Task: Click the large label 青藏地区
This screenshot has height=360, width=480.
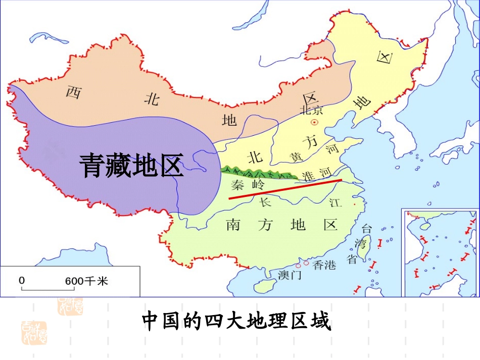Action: [131, 166]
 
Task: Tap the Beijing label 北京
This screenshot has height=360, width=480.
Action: [311, 110]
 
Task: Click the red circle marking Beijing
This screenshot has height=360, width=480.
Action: [314, 123]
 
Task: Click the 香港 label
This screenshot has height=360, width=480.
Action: [324, 265]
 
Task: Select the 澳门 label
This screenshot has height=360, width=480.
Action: [290, 275]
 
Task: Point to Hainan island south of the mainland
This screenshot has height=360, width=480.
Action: [263, 286]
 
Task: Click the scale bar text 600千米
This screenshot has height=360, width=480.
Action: [86, 281]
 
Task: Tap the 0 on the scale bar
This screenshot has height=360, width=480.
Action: [22, 280]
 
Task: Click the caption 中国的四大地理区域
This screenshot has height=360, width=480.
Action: [236, 321]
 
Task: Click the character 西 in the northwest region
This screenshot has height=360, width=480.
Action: [74, 92]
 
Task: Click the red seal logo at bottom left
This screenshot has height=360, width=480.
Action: [33, 332]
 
